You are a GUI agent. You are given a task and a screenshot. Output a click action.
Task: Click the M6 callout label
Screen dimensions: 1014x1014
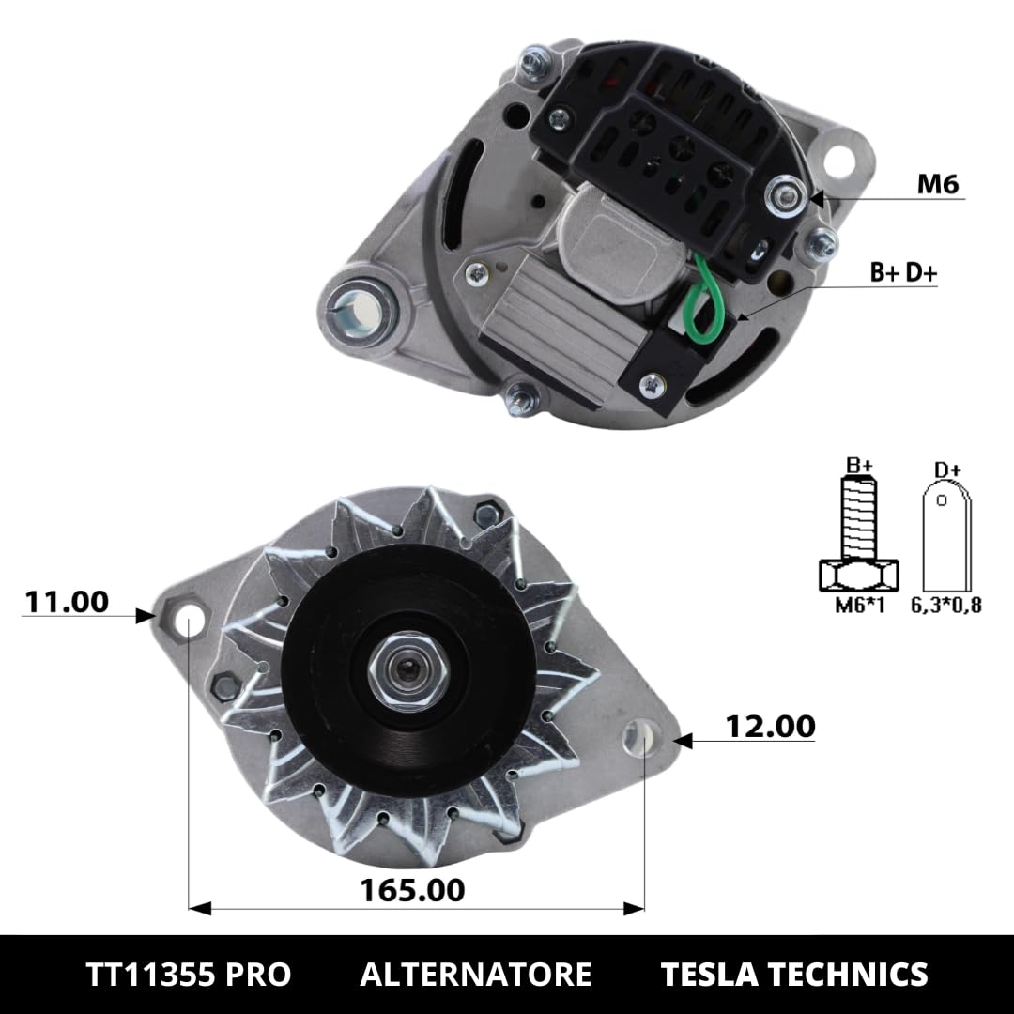(x=937, y=185)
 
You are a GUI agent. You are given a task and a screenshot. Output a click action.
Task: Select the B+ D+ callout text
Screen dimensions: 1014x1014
(x=902, y=272)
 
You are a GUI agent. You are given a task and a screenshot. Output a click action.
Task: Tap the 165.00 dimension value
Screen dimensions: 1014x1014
(x=413, y=888)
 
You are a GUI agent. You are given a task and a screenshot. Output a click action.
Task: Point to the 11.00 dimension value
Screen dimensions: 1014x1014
(x=66, y=601)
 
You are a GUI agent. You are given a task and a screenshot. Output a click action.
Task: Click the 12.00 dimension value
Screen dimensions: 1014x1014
(x=770, y=726)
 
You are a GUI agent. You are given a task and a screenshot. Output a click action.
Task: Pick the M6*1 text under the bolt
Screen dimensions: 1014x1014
(x=859, y=605)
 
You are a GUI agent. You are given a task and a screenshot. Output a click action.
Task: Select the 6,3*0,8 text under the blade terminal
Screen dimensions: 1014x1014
(x=945, y=605)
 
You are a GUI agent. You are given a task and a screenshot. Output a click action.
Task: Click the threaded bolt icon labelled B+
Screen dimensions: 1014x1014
(x=859, y=535)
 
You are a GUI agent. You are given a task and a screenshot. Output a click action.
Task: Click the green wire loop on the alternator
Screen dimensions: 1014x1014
(x=701, y=300)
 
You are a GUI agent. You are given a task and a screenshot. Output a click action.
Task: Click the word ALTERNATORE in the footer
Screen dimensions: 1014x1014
(x=475, y=974)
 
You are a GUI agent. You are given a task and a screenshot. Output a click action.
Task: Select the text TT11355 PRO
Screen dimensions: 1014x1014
(x=188, y=974)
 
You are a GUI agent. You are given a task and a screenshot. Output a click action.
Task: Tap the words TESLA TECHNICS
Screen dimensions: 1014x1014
(x=794, y=974)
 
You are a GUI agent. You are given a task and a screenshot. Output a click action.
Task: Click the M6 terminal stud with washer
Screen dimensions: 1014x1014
(x=781, y=195)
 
